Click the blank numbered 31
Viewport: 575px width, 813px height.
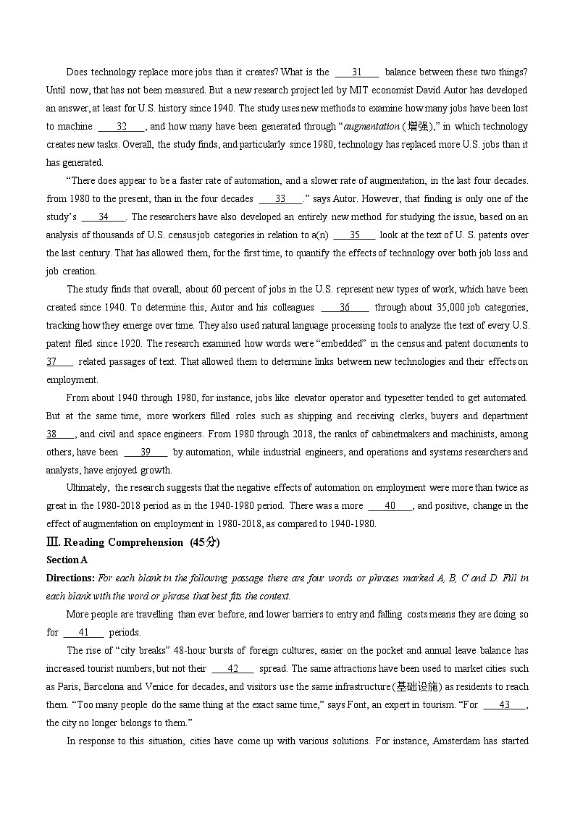[x=356, y=72]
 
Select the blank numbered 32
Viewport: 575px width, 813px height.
[x=122, y=126]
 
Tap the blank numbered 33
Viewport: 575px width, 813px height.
[x=280, y=198]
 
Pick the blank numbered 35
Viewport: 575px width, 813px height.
[x=355, y=235]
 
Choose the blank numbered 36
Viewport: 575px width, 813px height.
[x=345, y=307]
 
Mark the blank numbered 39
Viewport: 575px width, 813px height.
[x=145, y=452]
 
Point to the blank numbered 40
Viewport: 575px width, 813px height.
[x=390, y=505]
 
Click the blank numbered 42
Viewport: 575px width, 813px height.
[x=232, y=668]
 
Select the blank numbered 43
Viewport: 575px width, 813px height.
[x=505, y=704]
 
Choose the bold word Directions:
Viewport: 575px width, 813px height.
[x=70, y=578]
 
